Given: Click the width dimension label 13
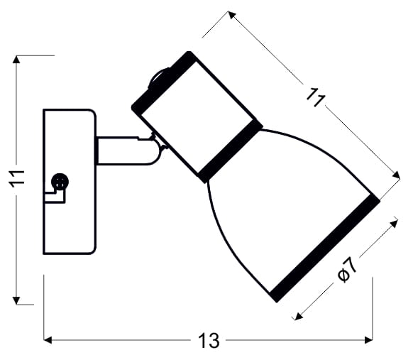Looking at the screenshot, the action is tap(209, 341).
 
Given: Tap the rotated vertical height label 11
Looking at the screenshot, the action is tap(18, 179).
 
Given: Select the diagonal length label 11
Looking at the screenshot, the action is tap(316, 97).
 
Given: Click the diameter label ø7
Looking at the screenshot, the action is tap(348, 269).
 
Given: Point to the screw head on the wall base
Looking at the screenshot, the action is tap(60, 182).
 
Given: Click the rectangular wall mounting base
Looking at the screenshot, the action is tap(70, 182).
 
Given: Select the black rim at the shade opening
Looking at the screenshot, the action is tap(325, 249).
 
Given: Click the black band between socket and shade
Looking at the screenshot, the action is tap(230, 152).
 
